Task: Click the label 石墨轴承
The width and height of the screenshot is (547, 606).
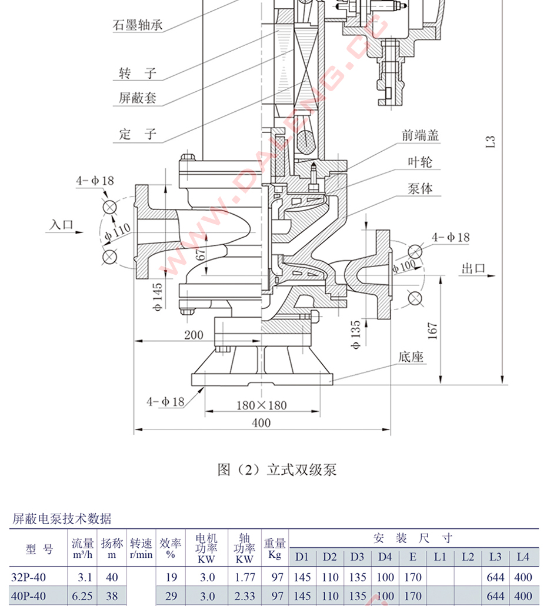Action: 136,26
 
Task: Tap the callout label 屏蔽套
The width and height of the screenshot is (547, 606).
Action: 138,98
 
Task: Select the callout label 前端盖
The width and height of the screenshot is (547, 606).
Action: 421,135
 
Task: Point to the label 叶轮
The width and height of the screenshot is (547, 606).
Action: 420,162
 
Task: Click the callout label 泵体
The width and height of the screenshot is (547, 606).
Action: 420,188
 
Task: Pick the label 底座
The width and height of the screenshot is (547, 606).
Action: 411,357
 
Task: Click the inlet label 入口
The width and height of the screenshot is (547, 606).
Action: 62,224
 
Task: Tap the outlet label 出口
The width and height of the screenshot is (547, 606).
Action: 473,268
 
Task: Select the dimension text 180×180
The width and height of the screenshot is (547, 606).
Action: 262,405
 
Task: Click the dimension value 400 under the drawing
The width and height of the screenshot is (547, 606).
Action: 261,422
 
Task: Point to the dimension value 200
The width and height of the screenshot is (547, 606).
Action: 194,335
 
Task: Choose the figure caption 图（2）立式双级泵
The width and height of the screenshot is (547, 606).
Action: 276,470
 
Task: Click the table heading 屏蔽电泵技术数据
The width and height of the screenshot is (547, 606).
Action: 62,518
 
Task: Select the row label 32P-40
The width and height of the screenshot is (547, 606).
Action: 29,577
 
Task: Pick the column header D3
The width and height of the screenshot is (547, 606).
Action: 357,557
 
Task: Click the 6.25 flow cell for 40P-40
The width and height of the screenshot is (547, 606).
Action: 82,596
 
